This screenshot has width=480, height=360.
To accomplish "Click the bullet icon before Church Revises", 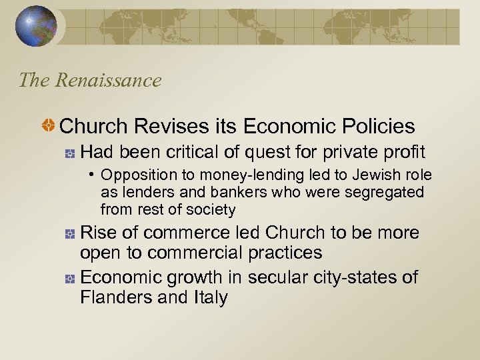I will pos(48,125).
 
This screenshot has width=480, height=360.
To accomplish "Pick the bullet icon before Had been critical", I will pos(69,153).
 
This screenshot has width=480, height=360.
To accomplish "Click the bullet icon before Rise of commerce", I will pos(69,234).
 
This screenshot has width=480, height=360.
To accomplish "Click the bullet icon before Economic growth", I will pos(69,278).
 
